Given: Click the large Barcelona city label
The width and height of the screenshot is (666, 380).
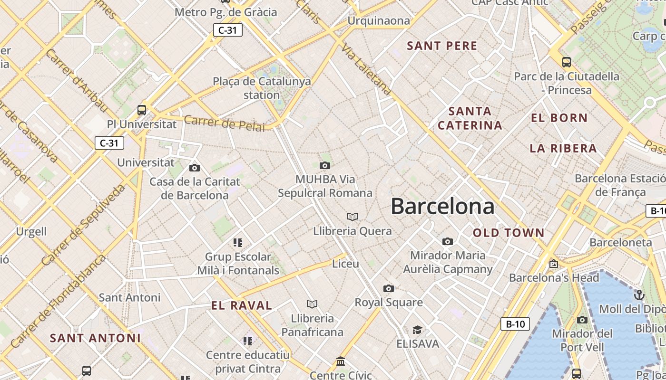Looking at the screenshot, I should (x=442, y=207).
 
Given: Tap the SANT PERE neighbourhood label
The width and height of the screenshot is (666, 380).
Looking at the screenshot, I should (x=442, y=46).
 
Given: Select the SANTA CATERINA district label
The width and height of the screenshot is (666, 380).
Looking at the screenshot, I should (x=470, y=118).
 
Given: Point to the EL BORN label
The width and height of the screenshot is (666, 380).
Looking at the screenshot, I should (x=559, y=118).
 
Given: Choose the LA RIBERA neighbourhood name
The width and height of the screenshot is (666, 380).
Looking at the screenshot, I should (x=563, y=148).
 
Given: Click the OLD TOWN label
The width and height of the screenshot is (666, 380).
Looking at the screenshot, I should (x=509, y=233).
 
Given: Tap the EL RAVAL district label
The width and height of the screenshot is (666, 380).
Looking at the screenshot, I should (x=242, y=305).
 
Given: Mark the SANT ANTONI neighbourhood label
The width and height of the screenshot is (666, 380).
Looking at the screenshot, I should (x=95, y=338).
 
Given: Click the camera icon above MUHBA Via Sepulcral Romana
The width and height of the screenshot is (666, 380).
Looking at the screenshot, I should (x=325, y=165).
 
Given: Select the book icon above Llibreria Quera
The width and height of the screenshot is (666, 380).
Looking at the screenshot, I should (x=352, y=217).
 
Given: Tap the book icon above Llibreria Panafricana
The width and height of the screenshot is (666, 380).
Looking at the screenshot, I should (x=312, y=304).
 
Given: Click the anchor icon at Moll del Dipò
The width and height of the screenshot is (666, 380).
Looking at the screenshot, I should (x=639, y=295).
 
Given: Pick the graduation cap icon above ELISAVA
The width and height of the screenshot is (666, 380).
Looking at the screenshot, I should (x=417, y=330).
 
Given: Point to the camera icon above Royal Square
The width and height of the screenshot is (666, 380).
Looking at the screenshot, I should (x=389, y=288).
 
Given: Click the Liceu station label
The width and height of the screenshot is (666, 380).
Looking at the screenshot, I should (x=345, y=264).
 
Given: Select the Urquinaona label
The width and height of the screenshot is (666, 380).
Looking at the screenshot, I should (x=379, y=20).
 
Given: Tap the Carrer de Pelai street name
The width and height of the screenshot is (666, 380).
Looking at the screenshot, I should (x=224, y=123).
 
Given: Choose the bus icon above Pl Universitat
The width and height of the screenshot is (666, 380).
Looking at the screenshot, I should (x=141, y=110).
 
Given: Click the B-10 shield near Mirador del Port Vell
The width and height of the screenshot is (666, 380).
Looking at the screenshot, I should (x=515, y=324).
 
